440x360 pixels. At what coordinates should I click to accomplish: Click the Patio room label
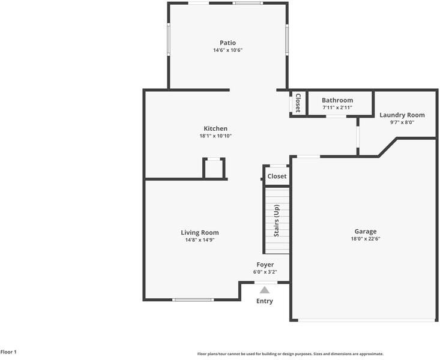(x=228, y=43)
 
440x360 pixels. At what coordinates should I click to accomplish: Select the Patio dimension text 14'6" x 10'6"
(x=228, y=50)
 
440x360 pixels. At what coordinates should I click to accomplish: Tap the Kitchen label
(x=215, y=128)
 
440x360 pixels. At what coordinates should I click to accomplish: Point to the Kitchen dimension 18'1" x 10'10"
(x=215, y=136)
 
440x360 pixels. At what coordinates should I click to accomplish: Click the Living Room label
(x=200, y=232)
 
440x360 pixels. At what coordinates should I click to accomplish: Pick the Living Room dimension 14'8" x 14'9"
(x=200, y=240)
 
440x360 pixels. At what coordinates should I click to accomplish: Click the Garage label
(x=366, y=231)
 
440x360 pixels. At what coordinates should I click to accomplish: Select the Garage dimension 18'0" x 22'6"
(x=366, y=239)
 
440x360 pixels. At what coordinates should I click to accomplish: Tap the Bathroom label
(x=337, y=100)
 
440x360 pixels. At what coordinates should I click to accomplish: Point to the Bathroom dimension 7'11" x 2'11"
(x=337, y=108)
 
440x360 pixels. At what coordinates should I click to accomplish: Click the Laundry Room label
(x=402, y=115)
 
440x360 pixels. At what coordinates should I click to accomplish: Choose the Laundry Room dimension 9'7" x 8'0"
(x=402, y=122)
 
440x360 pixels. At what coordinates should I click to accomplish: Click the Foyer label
(x=265, y=265)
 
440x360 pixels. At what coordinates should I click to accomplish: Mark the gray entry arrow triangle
(x=265, y=290)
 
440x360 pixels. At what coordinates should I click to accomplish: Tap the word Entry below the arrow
(x=265, y=301)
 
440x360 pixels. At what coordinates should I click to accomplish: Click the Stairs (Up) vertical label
(x=277, y=220)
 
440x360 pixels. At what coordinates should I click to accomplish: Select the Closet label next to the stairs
(x=277, y=176)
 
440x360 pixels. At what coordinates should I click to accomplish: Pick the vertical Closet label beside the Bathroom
(x=297, y=103)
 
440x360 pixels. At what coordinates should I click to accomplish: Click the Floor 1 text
(x=8, y=352)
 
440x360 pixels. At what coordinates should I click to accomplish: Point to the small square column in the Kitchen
(x=214, y=169)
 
